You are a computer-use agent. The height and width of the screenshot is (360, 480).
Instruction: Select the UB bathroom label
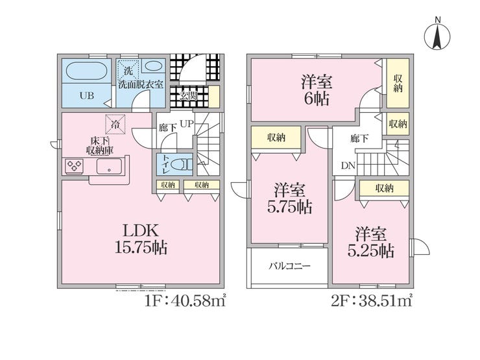click(87, 95)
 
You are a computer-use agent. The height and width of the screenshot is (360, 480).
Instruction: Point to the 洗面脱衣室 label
click(140, 85)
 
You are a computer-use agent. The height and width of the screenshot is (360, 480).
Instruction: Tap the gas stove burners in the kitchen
click(73, 167)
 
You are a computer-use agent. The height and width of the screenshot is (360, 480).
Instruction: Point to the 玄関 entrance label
click(189, 97)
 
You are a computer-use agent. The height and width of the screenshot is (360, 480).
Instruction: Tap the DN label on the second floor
click(348, 165)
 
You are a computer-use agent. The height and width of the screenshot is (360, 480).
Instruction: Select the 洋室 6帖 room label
click(317, 90)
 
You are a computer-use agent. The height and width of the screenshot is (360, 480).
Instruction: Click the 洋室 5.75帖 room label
click(290, 199)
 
